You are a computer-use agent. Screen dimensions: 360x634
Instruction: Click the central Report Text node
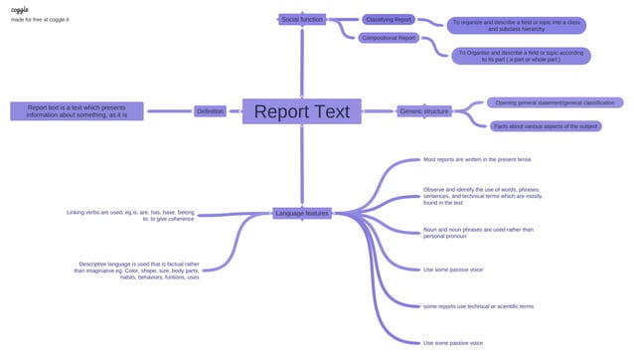tap(301, 111)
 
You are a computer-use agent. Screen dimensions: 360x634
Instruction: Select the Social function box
tap(301, 19)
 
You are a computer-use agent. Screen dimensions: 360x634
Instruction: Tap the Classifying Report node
tap(388, 19)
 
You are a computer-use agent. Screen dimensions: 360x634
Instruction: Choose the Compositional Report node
tap(389, 38)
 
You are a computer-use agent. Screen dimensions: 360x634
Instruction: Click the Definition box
tap(210, 111)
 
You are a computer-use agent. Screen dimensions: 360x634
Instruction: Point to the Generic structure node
tap(424, 111)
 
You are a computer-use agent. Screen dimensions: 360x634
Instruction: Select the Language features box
tap(302, 213)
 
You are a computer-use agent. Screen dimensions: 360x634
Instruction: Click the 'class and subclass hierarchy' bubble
tap(517, 25)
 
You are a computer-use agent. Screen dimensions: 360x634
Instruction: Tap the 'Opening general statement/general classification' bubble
tap(555, 102)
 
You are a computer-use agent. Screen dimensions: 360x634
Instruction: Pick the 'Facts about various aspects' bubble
tap(546, 126)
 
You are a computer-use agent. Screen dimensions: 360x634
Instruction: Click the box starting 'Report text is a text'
tap(77, 111)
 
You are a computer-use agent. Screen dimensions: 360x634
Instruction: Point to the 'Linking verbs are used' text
tap(130, 215)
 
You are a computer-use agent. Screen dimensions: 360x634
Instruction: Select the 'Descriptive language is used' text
tap(136, 270)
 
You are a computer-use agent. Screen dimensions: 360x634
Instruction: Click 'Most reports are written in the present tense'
tap(477, 159)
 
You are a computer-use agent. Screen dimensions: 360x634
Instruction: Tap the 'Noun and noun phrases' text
tap(478, 233)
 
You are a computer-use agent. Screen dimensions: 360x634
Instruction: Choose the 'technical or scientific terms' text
tap(478, 306)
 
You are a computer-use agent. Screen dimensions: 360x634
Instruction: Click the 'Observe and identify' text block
tap(483, 196)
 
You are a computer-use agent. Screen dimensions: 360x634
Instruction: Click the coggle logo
tap(19, 9)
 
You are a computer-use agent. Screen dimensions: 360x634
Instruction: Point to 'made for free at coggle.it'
tap(40, 20)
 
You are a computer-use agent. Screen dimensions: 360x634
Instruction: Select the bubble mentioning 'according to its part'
tap(522, 56)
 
